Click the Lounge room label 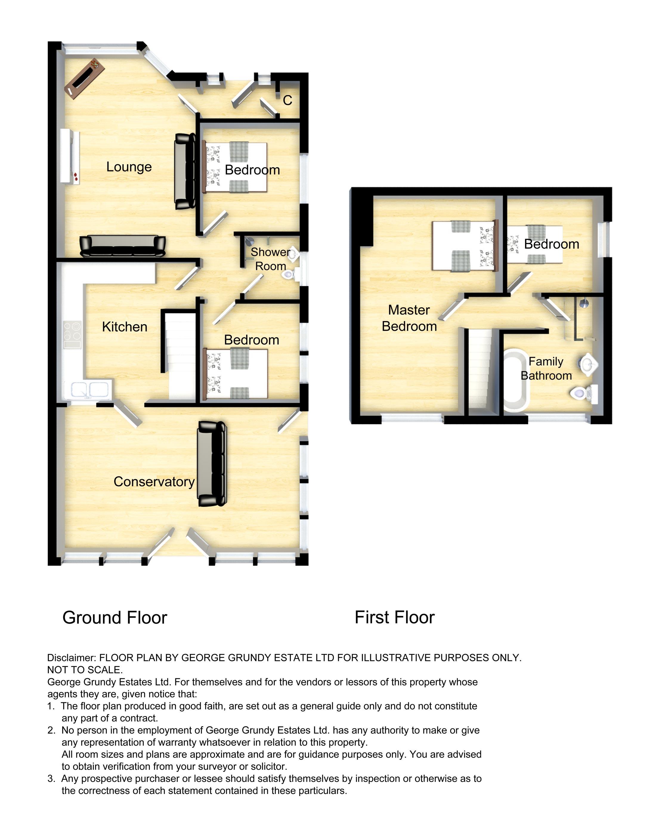(x=129, y=167)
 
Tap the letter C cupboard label (x=287, y=101)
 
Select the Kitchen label (x=124, y=327)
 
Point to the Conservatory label (x=154, y=482)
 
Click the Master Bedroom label (x=409, y=318)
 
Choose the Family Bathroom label (x=546, y=368)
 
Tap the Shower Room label (x=270, y=259)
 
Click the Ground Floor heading (x=115, y=618)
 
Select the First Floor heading (x=394, y=617)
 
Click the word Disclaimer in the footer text (x=71, y=658)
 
